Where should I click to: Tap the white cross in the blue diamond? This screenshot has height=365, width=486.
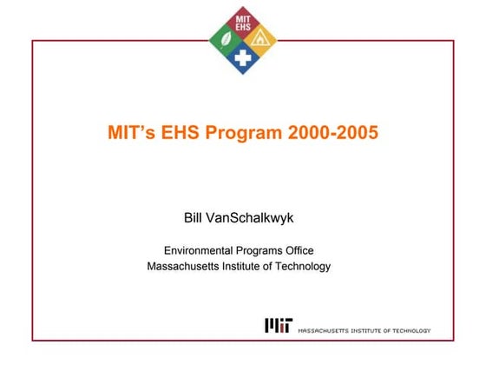(x=244, y=58)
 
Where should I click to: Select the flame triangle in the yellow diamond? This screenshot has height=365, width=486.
(x=260, y=38)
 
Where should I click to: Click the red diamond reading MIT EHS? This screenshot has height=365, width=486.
(x=244, y=20)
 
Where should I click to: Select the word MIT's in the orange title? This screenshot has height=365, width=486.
(x=130, y=135)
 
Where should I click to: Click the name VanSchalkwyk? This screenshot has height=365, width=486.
(x=255, y=215)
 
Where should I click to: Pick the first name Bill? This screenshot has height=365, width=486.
(x=194, y=215)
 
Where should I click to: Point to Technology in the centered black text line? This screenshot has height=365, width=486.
(x=303, y=266)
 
